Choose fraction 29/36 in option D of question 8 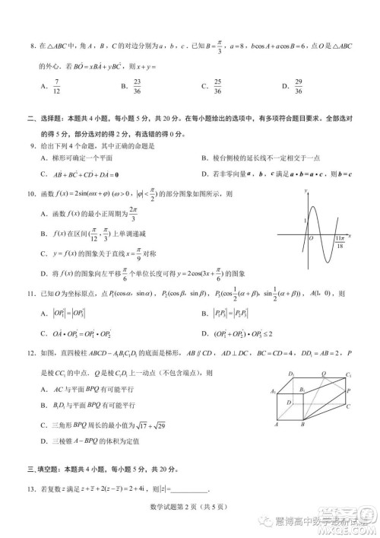277,85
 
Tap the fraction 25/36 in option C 217,85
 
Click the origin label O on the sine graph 309,237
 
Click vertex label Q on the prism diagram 325,374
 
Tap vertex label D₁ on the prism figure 292,374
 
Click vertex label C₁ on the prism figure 348,375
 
